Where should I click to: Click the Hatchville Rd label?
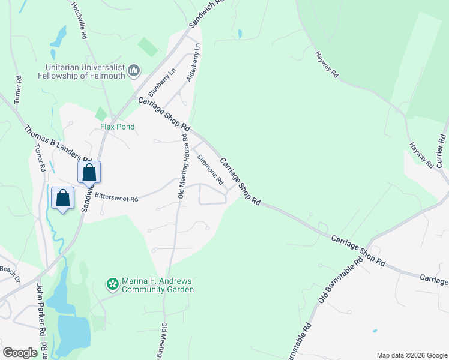(79, 20)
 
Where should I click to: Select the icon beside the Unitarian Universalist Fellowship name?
(134, 72)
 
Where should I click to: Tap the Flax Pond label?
(118, 127)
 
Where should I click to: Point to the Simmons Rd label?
(211, 170)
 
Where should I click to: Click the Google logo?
(20, 353)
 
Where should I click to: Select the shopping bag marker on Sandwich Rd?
(89, 172)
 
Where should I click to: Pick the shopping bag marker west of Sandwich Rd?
(63, 198)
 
